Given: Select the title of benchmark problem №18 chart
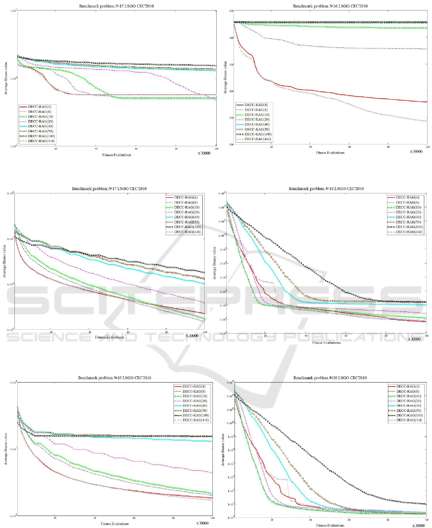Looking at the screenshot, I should click(x=326, y=189).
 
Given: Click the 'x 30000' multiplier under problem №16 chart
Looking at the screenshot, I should click(x=416, y=152).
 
